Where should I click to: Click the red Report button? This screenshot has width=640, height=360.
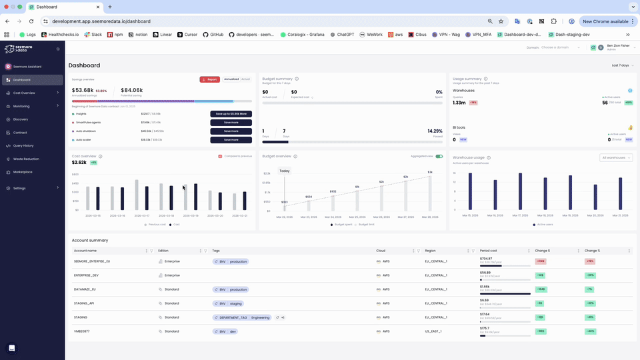pos(209,79)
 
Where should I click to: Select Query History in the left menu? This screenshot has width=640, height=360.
pos(23,145)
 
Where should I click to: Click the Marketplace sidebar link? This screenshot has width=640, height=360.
pos(23,172)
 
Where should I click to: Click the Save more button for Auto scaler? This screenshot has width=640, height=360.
pos(231,140)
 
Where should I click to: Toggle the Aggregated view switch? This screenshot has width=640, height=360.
pos(439,157)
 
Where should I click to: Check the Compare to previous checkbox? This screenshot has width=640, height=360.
pos(220,157)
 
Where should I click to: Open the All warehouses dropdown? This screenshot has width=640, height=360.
pos(616,158)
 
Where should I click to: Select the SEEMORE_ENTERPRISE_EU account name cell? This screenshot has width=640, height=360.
pos(92,261)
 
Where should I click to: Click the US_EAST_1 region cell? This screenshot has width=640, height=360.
pos(436,331)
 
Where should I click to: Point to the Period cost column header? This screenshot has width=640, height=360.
pos(488,251)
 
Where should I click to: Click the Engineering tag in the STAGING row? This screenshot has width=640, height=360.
pos(260,317)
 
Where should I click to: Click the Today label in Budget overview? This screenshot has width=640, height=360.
pos(285,171)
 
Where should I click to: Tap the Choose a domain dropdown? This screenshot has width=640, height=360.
pos(556,47)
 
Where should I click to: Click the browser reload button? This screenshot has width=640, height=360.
pos(31,21)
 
